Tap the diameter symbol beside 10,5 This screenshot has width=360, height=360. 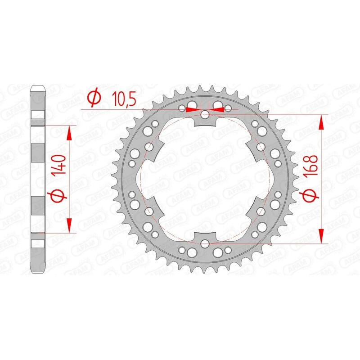(x=94, y=98)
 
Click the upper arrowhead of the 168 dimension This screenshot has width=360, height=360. (x=321, y=122)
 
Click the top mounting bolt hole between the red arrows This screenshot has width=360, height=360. (x=205, y=114)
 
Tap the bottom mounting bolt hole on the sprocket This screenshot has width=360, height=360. (x=205, y=243)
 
